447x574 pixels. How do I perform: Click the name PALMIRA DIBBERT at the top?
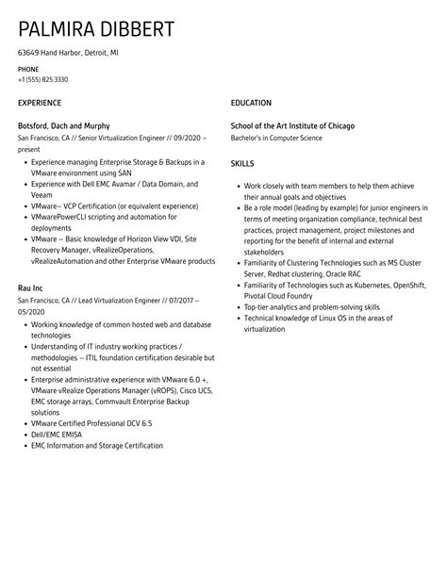pyautogui.click(x=96, y=28)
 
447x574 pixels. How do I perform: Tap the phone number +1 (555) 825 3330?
pyautogui.click(x=42, y=79)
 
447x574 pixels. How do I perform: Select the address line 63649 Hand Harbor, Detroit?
pyautogui.click(x=68, y=54)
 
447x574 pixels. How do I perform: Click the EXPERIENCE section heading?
pyautogui.click(x=40, y=103)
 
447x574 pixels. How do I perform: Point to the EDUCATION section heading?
pyautogui.click(x=251, y=103)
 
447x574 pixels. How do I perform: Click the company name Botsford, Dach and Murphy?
pyautogui.click(x=63, y=125)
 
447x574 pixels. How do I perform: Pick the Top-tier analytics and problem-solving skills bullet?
pyautogui.click(x=312, y=306)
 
